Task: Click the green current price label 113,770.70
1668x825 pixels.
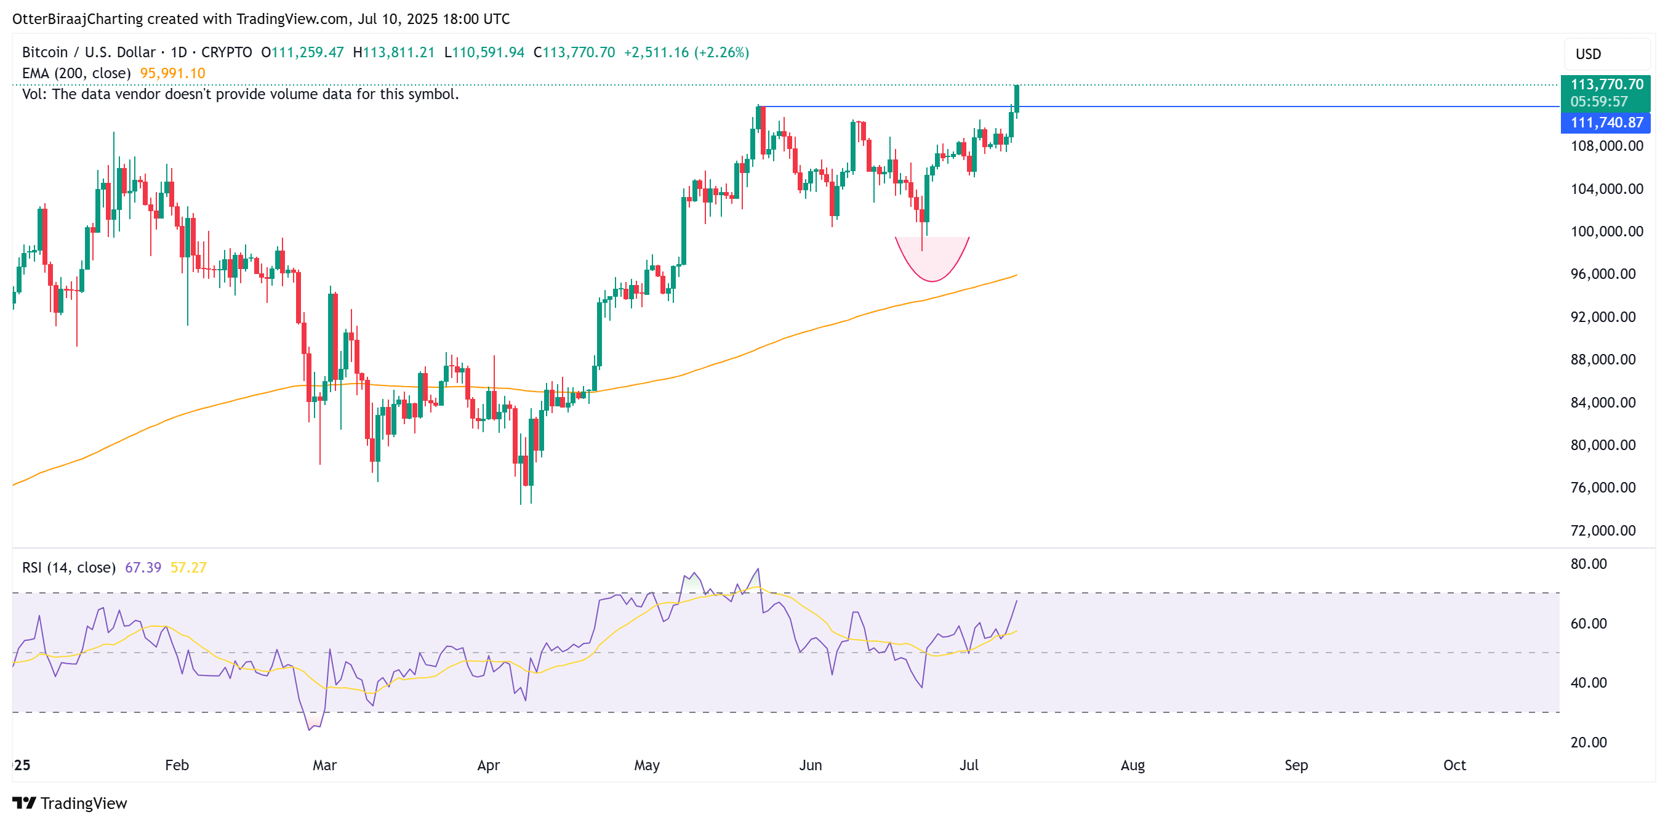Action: click(1606, 85)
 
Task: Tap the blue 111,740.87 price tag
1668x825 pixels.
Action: click(1606, 123)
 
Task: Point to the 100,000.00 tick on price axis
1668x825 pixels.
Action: click(1606, 231)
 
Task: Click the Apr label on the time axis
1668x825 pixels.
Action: click(488, 765)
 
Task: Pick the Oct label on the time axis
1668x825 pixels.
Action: click(1454, 765)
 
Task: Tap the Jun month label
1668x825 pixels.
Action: click(810, 765)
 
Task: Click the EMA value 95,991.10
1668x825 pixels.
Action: click(172, 73)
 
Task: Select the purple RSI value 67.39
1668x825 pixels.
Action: click(142, 567)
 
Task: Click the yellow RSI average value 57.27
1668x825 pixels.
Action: click(188, 567)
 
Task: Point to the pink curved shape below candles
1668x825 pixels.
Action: click(932, 262)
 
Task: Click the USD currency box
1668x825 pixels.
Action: click(1606, 54)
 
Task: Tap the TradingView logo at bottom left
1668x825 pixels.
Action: click(70, 803)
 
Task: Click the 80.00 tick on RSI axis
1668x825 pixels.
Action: click(1589, 563)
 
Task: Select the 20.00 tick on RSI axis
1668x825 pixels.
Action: click(1589, 742)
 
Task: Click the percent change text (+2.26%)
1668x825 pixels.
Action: click(721, 52)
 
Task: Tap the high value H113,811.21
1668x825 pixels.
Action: click(394, 52)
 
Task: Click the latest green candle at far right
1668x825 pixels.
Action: click(1017, 99)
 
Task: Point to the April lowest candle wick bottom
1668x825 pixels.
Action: click(521, 502)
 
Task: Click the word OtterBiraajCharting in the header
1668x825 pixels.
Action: click(77, 19)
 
